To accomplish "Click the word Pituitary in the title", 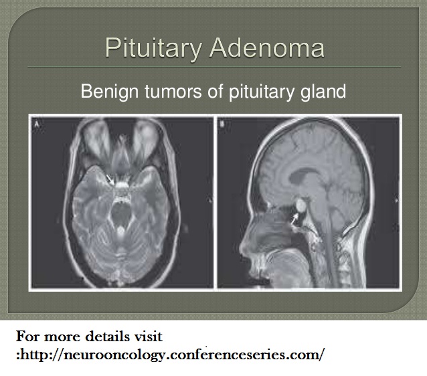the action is click(x=153, y=48).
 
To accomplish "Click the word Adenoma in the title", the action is click(x=267, y=48).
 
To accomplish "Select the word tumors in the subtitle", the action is click(x=174, y=92).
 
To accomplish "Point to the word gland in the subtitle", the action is click(x=323, y=92).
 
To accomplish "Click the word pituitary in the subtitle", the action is click(x=262, y=92).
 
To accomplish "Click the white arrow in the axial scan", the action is click(x=110, y=180).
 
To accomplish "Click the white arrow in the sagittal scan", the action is click(x=294, y=219).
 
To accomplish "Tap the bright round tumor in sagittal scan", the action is click(x=301, y=205).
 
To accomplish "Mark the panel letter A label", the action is click(x=37, y=124).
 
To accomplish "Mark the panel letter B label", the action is click(x=222, y=124).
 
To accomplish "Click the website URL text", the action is click(x=171, y=355).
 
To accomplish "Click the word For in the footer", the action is click(x=28, y=337).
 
